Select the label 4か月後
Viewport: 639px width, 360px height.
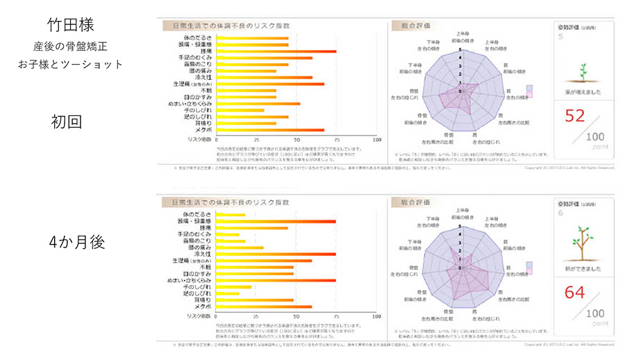pyautogui.click(x=76, y=243)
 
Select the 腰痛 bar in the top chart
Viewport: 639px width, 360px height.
pyautogui.click(x=276, y=51)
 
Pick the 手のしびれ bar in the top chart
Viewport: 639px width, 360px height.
pyautogui.click(x=240, y=110)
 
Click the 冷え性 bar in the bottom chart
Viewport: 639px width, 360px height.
pyautogui.click(x=276, y=254)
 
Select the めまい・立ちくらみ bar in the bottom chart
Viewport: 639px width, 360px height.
pyautogui.click(x=276, y=280)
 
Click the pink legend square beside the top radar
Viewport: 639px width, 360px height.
pyautogui.click(x=529, y=97)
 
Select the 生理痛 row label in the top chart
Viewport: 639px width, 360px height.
pyautogui.click(x=192, y=83)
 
